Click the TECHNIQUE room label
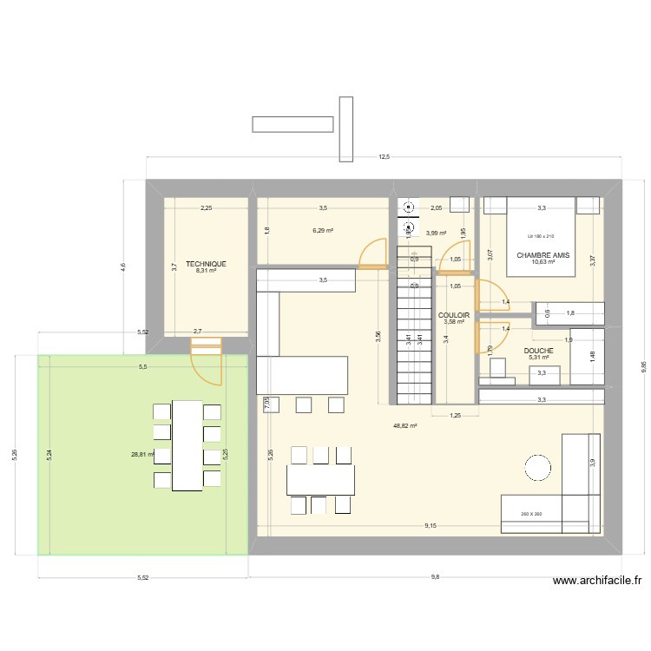tap(206, 263)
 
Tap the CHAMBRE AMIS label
tap(542, 255)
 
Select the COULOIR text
tap(454, 315)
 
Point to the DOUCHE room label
tap(538, 351)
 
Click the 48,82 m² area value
tap(405, 426)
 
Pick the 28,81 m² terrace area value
tap(141, 454)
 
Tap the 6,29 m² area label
tap(323, 231)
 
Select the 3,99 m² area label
tap(436, 233)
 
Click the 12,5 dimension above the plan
tap(384, 157)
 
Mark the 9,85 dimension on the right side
tap(643, 367)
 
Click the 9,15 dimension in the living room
tap(431, 526)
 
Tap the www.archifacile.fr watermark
tap(595, 582)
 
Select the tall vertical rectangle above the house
tap(346, 129)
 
